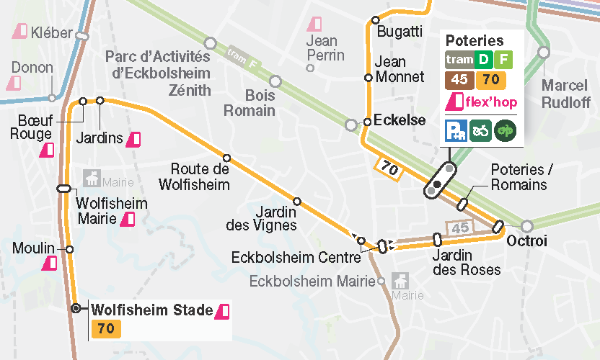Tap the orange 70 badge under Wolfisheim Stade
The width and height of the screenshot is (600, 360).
pos(104,328)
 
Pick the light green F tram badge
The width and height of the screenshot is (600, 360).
pos(504,61)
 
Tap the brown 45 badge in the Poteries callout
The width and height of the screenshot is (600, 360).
pos(458,79)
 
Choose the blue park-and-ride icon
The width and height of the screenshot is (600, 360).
pos(455,129)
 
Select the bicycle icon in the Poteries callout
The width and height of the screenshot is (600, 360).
pos(481,129)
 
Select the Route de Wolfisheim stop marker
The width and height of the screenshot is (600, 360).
pos(227,158)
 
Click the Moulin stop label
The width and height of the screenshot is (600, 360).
pos(35,248)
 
